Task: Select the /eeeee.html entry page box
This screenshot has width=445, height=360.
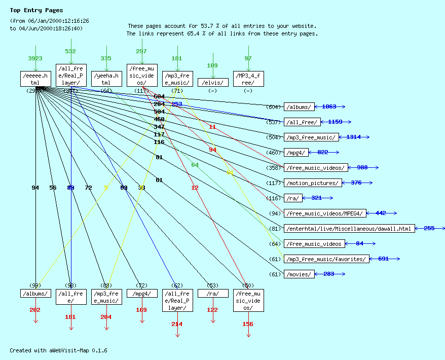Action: (35, 79)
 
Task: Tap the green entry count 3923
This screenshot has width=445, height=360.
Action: (35, 58)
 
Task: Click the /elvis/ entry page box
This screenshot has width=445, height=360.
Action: (213, 83)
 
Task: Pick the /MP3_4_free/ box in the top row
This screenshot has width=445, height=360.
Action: (248, 79)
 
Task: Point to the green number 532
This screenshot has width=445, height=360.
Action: (70, 51)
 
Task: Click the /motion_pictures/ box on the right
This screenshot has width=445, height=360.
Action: (312, 183)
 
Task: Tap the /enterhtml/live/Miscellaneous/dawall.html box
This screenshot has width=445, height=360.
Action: (349, 229)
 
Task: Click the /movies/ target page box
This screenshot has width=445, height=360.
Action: (299, 274)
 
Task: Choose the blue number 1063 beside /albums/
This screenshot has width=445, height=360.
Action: (329, 106)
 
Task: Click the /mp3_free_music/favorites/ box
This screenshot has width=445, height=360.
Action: (326, 259)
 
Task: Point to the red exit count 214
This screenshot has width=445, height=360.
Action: (177, 324)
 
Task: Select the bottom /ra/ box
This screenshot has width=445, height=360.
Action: (213, 294)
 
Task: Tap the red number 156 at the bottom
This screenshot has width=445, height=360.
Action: (248, 324)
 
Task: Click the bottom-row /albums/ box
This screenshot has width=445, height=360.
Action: (35, 294)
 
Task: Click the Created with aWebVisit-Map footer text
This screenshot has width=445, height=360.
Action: (58, 350)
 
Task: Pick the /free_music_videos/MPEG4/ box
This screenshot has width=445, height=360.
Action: (324, 213)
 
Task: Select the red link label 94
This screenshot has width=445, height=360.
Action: (212, 150)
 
